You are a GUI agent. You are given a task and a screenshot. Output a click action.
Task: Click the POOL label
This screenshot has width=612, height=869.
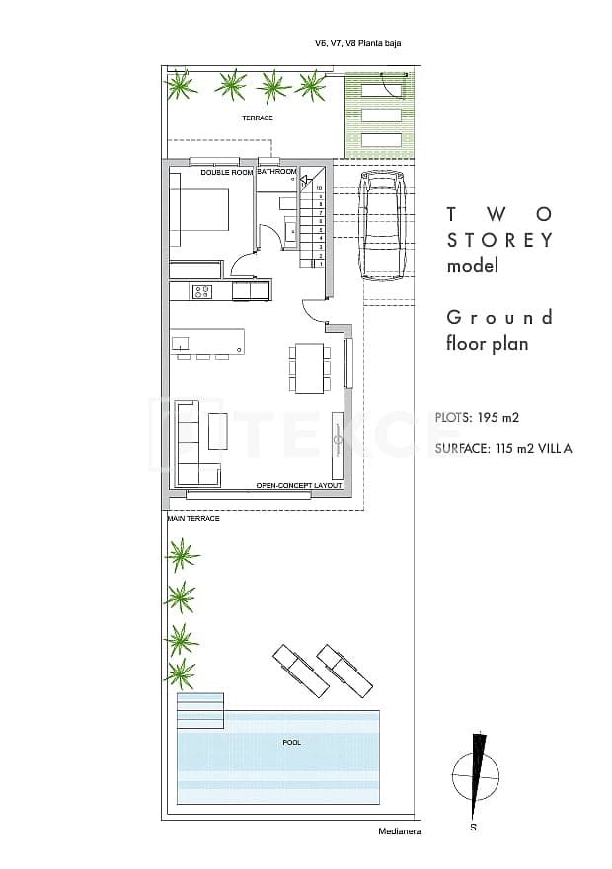tap(292, 742)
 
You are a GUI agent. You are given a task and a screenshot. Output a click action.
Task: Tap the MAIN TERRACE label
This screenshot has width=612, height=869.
tap(193, 518)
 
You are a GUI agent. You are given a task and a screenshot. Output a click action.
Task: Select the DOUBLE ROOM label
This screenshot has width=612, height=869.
tap(226, 173)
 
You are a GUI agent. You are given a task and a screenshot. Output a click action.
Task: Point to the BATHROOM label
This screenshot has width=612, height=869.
tap(277, 171)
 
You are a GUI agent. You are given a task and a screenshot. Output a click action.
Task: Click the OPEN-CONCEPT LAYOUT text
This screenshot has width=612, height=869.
tap(299, 486)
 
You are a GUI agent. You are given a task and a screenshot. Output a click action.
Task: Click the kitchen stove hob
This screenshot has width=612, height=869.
tap(202, 291)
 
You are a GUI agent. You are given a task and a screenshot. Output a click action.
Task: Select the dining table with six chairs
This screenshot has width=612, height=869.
tap(310, 368)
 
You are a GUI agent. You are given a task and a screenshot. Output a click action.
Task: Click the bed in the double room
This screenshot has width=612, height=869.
tap(198, 209)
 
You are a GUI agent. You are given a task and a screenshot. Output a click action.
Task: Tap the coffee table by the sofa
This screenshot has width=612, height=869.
tap(218, 432)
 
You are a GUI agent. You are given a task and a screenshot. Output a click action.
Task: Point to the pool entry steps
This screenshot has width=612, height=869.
tap(200, 710)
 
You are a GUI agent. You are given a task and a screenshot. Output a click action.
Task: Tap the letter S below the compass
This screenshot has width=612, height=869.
tap(473, 828)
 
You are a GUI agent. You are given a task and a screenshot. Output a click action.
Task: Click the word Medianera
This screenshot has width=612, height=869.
tap(400, 831)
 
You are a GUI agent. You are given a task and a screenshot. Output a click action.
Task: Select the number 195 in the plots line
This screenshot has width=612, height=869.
tap(488, 417)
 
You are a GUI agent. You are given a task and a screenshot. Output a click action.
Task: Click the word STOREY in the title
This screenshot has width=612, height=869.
tap(499, 241)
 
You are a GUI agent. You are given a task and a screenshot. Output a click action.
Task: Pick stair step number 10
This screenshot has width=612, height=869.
tap(319, 188)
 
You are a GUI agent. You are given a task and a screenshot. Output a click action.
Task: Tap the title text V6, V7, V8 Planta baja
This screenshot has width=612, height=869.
tap(357, 43)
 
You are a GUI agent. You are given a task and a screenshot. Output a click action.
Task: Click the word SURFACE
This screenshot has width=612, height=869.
tap(461, 449)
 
